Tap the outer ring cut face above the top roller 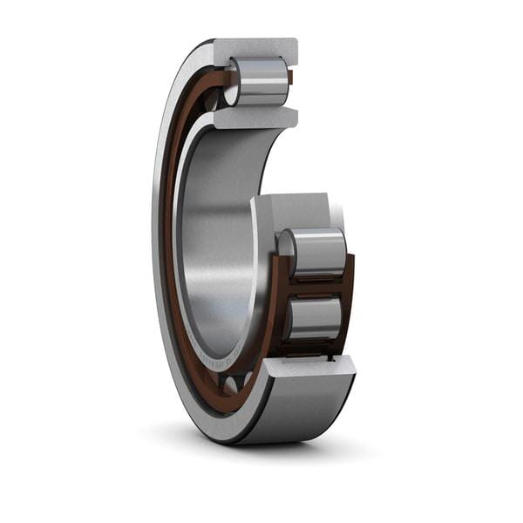[x=255, y=51]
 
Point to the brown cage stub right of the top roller [x=290, y=78]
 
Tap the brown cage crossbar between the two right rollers [x=316, y=285]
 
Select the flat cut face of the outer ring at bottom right [x=309, y=366]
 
